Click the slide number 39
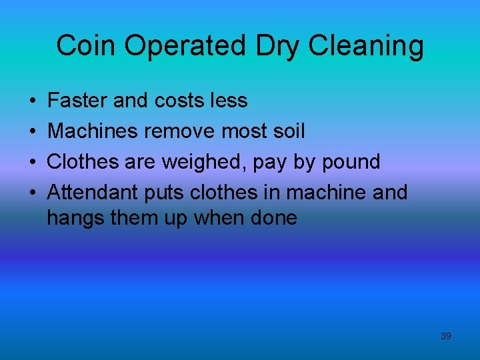(x=446, y=336)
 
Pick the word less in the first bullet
(x=229, y=101)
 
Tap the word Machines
(x=91, y=131)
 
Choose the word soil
(x=287, y=131)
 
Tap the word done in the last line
(x=274, y=217)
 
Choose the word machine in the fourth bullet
(x=325, y=193)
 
